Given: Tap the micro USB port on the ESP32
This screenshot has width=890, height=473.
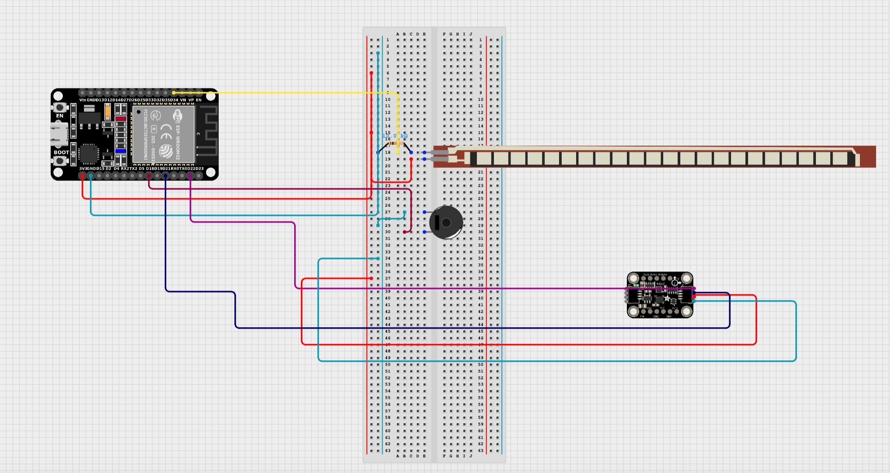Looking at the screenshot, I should pyautogui.click(x=59, y=134).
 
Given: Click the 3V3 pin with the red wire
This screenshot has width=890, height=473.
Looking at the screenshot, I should pyautogui.click(x=83, y=176).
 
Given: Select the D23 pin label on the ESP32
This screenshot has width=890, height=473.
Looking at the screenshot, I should pyautogui.click(x=199, y=169).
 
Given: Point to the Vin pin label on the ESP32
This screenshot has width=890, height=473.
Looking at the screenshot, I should pyautogui.click(x=82, y=100).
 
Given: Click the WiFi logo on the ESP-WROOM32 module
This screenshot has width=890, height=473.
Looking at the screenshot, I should pyautogui.click(x=178, y=116).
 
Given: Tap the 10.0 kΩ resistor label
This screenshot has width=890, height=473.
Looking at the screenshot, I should pyautogui.click(x=395, y=136).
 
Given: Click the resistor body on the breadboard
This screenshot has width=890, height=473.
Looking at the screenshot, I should pyautogui.click(x=395, y=144).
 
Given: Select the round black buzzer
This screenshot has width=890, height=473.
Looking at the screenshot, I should pyautogui.click(x=446, y=222).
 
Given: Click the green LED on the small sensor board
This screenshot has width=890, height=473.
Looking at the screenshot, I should pyautogui.click(x=636, y=285).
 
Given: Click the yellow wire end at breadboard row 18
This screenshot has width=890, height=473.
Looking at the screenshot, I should pyautogui.click(x=398, y=153).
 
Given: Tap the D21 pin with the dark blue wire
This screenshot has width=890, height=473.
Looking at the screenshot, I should pyautogui.click(x=166, y=176).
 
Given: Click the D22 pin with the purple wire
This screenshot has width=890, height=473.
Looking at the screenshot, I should pyautogui.click(x=191, y=176).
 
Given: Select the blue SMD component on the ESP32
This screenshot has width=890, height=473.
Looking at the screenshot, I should pyautogui.click(x=120, y=151).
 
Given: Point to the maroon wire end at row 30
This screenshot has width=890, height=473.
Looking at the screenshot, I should pyautogui.click(x=405, y=232).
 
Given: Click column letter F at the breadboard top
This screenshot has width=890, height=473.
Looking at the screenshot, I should pyautogui.click(x=444, y=34).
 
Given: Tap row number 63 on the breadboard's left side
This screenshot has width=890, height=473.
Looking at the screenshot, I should pyautogui.click(x=388, y=451).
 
